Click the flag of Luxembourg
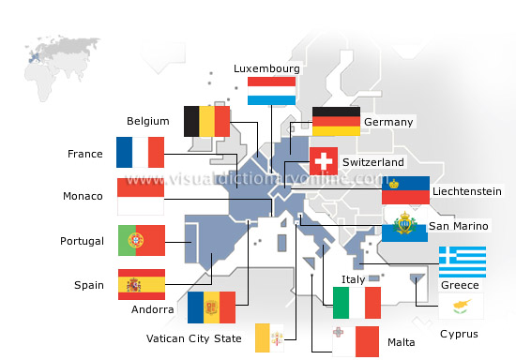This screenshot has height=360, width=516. [272, 91]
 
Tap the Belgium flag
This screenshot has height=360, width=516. [207, 121]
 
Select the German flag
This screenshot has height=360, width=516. [336, 122]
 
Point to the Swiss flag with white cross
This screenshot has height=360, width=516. [324, 160]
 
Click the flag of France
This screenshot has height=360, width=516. [141, 153]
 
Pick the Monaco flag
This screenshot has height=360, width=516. [141, 197]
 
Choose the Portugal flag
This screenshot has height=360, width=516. [141, 241]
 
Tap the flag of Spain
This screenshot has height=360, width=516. [141, 284]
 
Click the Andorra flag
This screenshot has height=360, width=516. [211, 307]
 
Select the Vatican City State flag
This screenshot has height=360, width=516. [278, 337]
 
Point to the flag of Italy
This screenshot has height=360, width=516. [357, 303]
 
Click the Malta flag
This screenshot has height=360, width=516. [354, 341]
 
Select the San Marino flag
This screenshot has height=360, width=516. [405, 226]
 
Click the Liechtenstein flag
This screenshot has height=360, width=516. [405, 190]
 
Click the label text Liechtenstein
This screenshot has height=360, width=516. [466, 191]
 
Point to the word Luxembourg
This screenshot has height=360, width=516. [266, 68]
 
